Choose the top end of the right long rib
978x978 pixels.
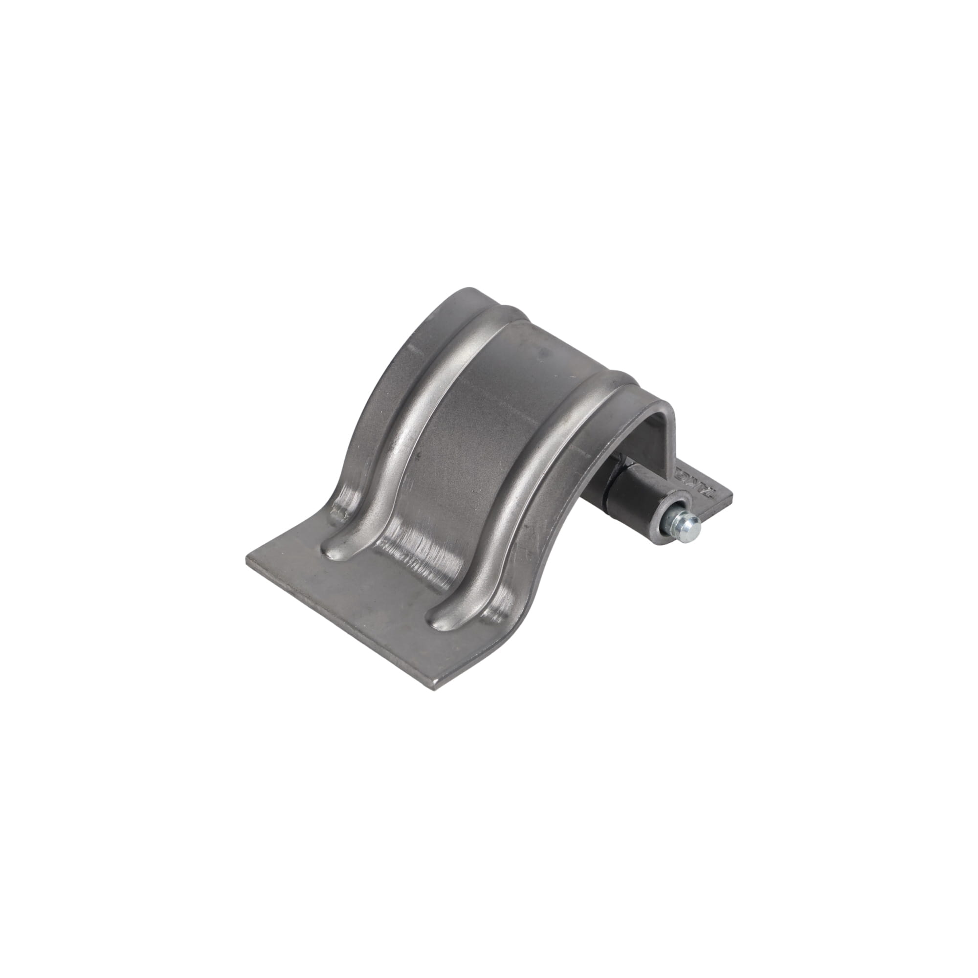[x=615, y=377]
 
